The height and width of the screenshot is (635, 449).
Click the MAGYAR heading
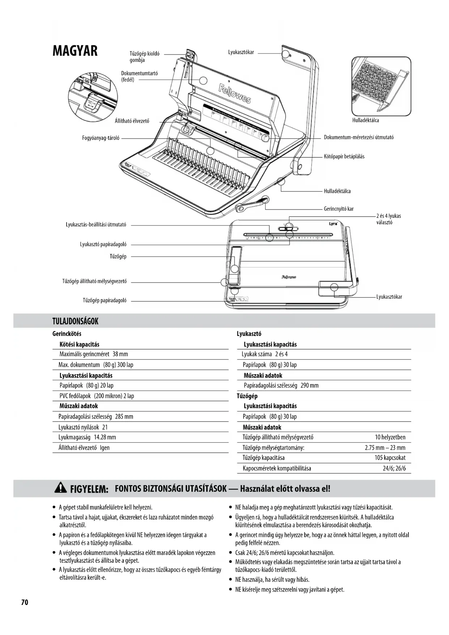(x=75, y=51)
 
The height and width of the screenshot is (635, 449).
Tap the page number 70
(x=25, y=602)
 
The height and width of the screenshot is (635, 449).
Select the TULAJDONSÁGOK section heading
(x=75, y=321)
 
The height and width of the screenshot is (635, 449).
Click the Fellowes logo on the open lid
(x=234, y=94)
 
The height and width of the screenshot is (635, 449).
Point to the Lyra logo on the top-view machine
(x=333, y=223)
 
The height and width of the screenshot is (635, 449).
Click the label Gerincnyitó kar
(x=338, y=209)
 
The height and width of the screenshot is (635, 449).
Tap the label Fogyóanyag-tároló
(x=101, y=138)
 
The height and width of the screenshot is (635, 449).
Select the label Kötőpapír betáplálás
(x=344, y=156)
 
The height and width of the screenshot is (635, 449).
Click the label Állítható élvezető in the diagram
(x=132, y=121)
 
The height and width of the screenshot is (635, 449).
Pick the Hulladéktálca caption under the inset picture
(x=365, y=120)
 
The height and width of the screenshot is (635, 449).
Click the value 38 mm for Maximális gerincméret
(x=120, y=354)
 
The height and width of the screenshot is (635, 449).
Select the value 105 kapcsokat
(x=390, y=458)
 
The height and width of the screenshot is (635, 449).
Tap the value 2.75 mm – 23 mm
(x=385, y=447)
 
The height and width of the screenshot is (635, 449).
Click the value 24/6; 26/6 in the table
(x=394, y=468)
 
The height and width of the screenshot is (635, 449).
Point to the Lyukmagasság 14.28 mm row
(x=87, y=437)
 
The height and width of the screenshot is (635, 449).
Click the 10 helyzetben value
(x=390, y=437)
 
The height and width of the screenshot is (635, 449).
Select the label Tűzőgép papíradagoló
(x=105, y=300)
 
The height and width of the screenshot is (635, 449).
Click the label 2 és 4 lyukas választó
(x=388, y=219)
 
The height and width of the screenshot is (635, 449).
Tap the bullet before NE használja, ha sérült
(x=231, y=580)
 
